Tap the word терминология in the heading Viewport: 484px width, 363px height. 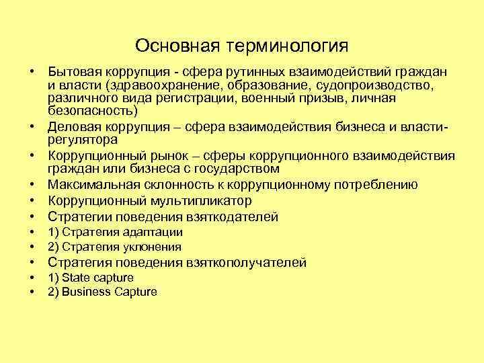[x=288, y=46]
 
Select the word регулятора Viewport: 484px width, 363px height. [x=83, y=140]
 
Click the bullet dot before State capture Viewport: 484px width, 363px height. [x=32, y=278]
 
